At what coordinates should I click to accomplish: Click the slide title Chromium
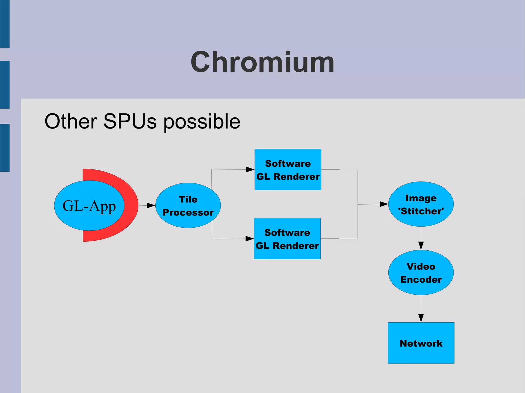click(x=262, y=62)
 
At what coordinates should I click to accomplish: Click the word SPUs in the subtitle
click(x=130, y=121)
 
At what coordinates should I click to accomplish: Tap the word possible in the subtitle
click(x=202, y=122)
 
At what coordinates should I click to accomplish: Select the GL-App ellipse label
click(x=89, y=206)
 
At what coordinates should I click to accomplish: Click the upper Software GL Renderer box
click(x=288, y=169)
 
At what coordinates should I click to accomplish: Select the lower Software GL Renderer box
click(x=287, y=239)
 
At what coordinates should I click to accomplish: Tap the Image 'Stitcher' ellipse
click(x=421, y=204)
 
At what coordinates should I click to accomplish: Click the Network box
click(x=421, y=343)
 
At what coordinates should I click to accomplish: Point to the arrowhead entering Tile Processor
click(x=151, y=205)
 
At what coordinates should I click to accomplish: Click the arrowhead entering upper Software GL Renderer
click(x=250, y=169)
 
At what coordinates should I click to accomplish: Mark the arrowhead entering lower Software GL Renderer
click(x=249, y=239)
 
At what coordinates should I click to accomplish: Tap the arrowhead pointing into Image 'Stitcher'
click(x=384, y=204)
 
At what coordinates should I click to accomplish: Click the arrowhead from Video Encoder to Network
click(x=421, y=318)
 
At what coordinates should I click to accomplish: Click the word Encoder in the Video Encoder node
click(x=421, y=280)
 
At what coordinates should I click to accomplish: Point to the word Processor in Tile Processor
click(x=188, y=213)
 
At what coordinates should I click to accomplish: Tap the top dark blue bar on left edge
click(x=5, y=24)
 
